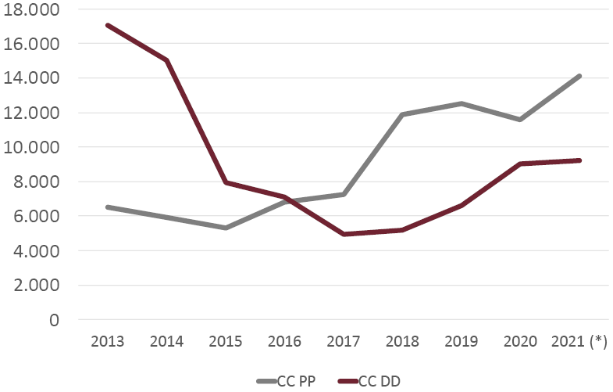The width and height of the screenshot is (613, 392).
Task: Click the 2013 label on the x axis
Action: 107,342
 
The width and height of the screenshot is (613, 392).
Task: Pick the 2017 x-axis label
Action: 344,342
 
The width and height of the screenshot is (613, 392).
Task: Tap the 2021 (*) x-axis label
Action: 579,342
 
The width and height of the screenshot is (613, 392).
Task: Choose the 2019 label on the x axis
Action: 462,342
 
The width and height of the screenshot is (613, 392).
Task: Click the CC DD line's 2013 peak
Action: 107,25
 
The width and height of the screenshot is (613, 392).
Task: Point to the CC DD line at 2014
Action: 166,60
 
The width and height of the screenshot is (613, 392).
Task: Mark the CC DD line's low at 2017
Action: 344,234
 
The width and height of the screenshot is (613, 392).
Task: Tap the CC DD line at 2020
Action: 521,164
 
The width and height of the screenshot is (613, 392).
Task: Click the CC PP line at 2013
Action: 107,207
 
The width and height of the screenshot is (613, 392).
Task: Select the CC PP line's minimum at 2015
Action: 226,228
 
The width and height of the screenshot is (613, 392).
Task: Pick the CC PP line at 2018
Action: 403,114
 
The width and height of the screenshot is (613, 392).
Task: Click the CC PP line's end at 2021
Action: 579,76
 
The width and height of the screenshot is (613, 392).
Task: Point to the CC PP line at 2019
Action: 462,103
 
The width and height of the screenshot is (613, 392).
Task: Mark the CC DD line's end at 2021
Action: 579,160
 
